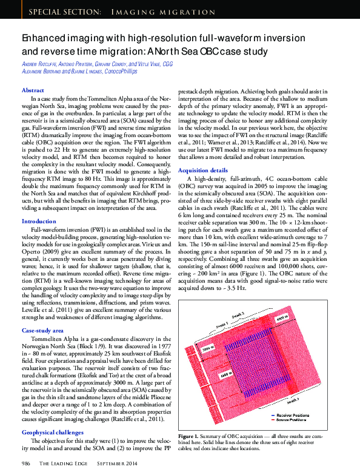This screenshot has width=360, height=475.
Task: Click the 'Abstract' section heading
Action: [33, 90]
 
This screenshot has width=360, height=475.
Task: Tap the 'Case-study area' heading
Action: [42, 330]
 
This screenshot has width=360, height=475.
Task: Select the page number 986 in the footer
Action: [26, 463]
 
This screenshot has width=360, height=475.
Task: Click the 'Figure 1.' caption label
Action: [189, 436]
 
